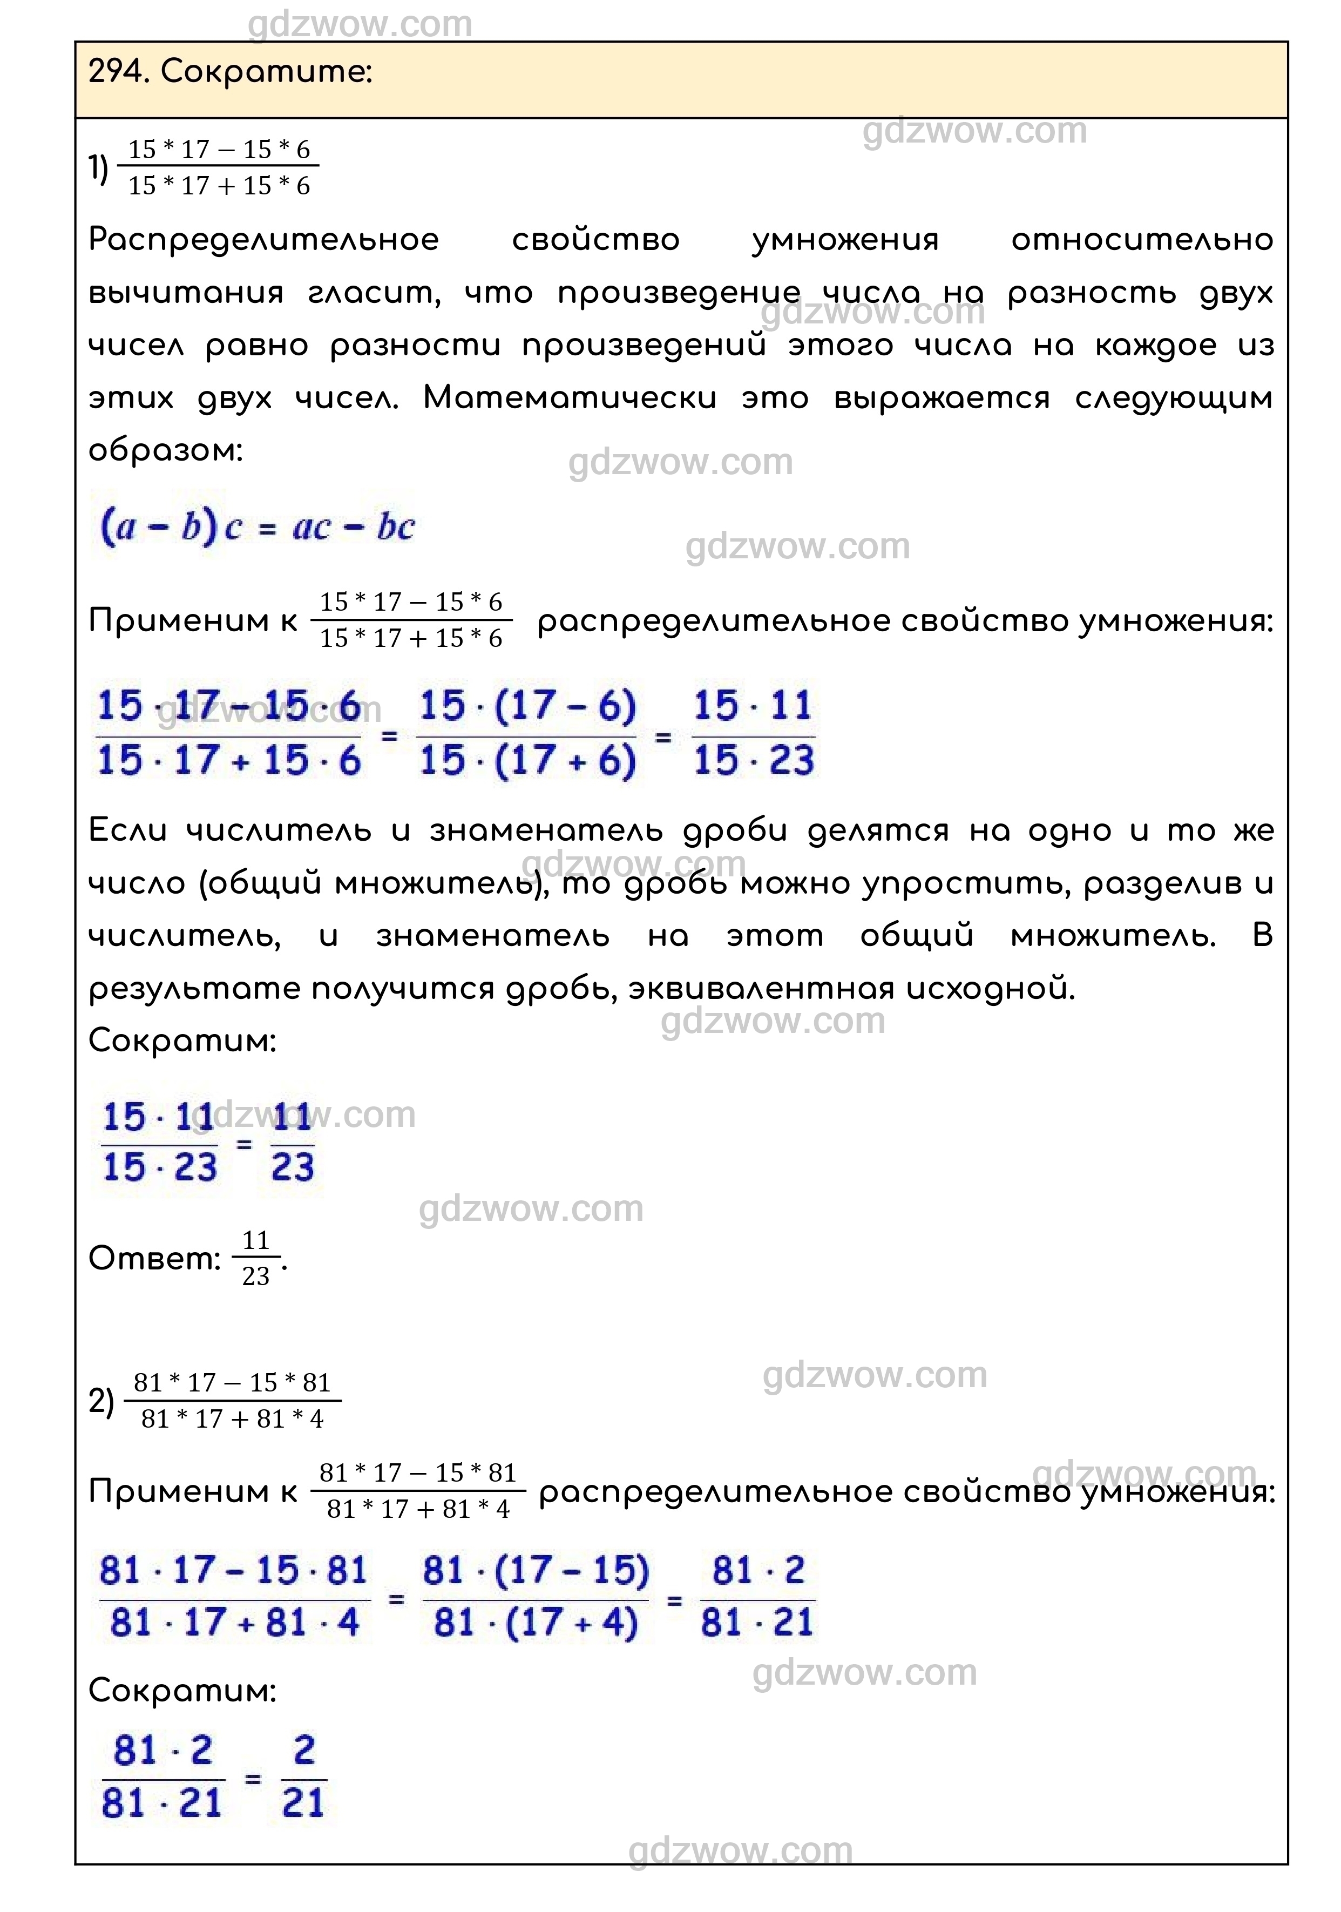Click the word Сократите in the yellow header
[x=266, y=72]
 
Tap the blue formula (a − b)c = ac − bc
[x=256, y=526]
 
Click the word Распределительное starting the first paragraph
[x=263, y=240]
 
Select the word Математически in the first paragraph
[x=570, y=398]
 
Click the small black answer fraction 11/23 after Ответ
[x=255, y=1258]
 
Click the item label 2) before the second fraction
[x=101, y=1402]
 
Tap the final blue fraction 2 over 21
[x=303, y=1778]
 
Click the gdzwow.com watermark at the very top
[x=360, y=25]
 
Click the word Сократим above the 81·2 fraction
[x=181, y=1691]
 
